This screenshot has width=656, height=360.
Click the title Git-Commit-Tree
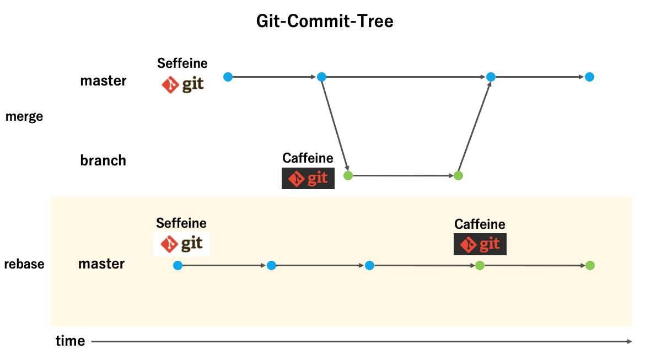(x=325, y=22)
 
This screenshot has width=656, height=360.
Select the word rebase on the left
(x=24, y=264)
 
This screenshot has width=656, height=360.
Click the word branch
(x=103, y=160)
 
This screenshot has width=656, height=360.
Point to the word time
(x=71, y=341)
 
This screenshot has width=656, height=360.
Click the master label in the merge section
(x=103, y=80)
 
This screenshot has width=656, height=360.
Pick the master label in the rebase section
(x=101, y=264)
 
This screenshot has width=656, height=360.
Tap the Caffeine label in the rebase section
(x=480, y=224)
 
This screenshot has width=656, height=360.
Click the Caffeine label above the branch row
(x=308, y=158)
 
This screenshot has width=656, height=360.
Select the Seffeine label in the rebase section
(x=181, y=223)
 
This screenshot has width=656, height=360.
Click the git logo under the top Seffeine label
(x=183, y=84)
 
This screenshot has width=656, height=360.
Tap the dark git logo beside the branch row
(x=308, y=178)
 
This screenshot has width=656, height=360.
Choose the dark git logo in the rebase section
(x=480, y=244)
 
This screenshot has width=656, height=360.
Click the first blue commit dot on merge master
(x=228, y=77)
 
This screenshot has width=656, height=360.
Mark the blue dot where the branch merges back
(x=491, y=77)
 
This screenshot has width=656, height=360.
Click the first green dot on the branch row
(x=348, y=176)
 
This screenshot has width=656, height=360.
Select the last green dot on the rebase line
(x=590, y=265)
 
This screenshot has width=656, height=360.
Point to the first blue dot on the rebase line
(x=178, y=265)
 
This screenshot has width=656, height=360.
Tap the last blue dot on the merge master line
(x=589, y=77)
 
